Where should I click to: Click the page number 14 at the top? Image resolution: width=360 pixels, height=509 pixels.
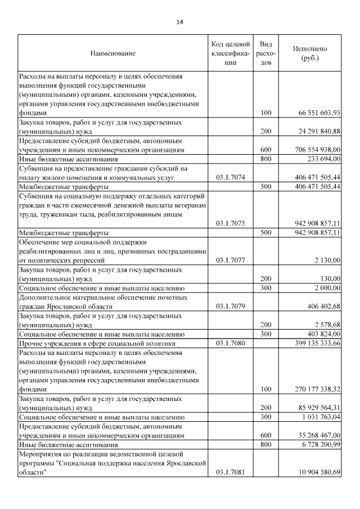tap(179, 22)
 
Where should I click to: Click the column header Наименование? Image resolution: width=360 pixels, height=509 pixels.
tap(112, 53)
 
